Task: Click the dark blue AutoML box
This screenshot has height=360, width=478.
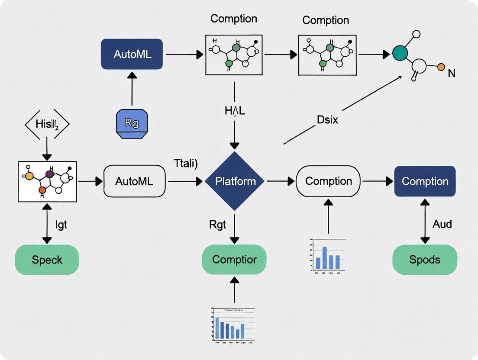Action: pyautogui.click(x=132, y=54)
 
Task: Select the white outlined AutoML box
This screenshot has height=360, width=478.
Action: pyautogui.click(x=134, y=181)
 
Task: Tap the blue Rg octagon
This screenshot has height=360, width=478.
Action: pyautogui.click(x=132, y=123)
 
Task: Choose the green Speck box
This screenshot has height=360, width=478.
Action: pyautogui.click(x=47, y=260)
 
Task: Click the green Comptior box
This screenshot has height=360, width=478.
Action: pyautogui.click(x=234, y=260)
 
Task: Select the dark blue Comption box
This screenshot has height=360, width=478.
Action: pyautogui.click(x=425, y=181)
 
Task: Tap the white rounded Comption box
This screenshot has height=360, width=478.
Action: pyautogui.click(x=328, y=181)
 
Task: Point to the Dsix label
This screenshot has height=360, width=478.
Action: pyautogui.click(x=327, y=119)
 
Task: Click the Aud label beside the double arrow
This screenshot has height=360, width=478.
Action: pyautogui.click(x=442, y=224)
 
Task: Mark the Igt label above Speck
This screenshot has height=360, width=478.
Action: pyautogui.click(x=61, y=225)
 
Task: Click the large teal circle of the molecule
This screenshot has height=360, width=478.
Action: pyautogui.click(x=400, y=53)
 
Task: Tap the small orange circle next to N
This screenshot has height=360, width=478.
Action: pyautogui.click(x=441, y=67)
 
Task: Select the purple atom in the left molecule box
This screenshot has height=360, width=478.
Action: pyautogui.click(x=49, y=174)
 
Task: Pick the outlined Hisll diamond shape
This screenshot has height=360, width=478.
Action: pyautogui.click(x=46, y=125)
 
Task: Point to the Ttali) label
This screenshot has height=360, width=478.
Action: pyautogui.click(x=185, y=163)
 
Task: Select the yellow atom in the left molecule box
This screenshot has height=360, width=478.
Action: pyautogui.click(x=29, y=176)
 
